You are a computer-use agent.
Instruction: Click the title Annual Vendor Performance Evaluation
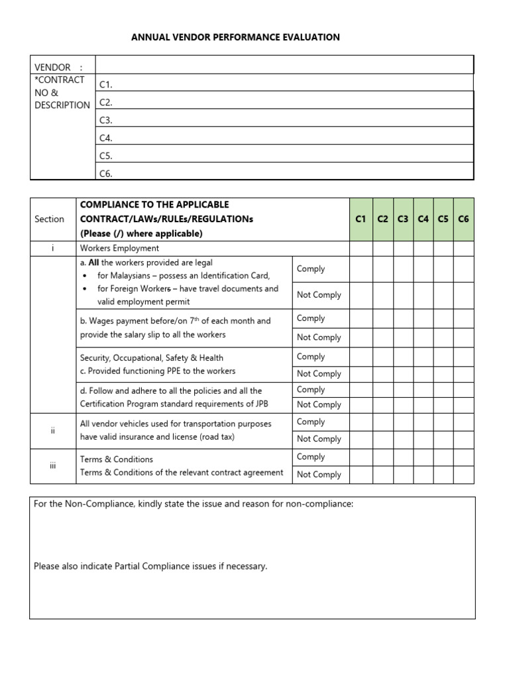coord(235,37)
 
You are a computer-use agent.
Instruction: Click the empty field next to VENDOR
coord(284,65)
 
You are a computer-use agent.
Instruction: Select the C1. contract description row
coord(284,84)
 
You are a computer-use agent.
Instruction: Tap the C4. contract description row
coord(284,137)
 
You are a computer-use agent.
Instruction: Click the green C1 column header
coord(361,219)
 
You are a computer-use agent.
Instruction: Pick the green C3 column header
coord(403,219)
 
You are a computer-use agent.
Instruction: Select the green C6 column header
coord(463,219)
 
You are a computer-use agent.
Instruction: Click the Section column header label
coord(50,219)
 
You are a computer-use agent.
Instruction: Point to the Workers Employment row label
coord(119,249)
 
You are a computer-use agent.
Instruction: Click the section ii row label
coord(52,430)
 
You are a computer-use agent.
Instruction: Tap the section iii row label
coord(52,465)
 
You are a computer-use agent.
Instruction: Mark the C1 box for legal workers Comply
coord(361,269)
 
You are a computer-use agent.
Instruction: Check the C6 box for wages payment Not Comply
coord(463,338)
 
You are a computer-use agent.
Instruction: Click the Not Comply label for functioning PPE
coord(319,373)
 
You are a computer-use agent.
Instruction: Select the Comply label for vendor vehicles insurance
coord(311,422)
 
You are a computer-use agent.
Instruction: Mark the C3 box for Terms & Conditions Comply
coord(403,457)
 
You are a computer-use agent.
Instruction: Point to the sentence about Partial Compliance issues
coord(150,566)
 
